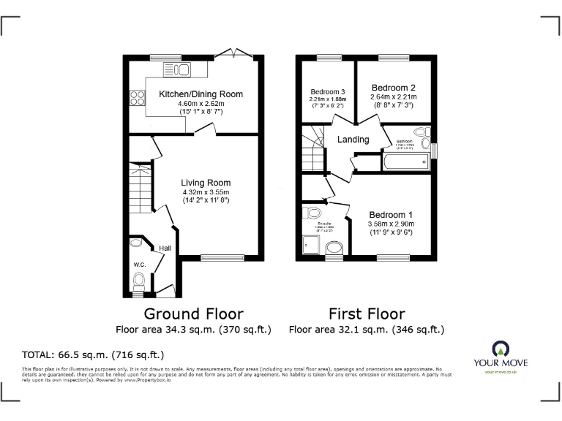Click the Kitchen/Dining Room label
pos(201,94)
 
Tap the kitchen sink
pos(180,70)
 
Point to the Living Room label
pos(206,183)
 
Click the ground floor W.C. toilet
pos(139,279)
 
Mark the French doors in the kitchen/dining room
pos(239,55)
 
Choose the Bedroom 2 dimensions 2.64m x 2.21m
pos(393,96)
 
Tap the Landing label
pos(353,140)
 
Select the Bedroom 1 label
pos(391,215)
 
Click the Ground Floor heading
pos(192,314)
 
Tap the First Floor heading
pos(367,314)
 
